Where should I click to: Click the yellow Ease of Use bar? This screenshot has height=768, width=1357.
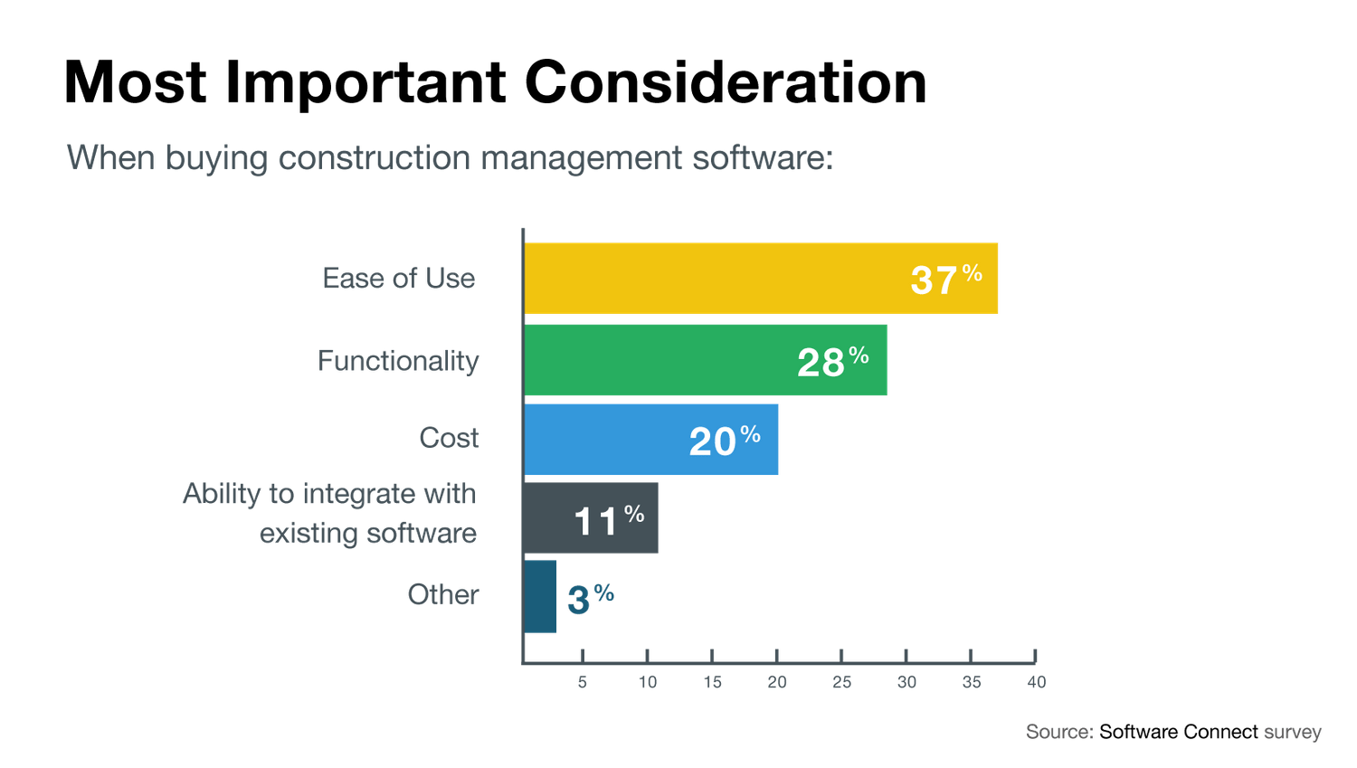pos(715,279)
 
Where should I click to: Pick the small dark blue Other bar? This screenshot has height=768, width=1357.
pos(540,597)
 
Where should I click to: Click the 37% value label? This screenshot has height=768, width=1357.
pos(945,279)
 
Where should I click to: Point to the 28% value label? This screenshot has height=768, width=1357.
pos(832,361)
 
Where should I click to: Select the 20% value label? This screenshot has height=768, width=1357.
pos(724,441)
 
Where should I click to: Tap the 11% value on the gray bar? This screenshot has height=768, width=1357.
pos(609,519)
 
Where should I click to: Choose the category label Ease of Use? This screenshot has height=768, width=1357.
pos(398,279)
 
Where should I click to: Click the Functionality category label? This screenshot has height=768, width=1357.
pos(398,361)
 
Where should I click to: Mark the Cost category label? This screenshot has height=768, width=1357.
pos(449,438)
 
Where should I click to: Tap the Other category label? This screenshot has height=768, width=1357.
pos(442,594)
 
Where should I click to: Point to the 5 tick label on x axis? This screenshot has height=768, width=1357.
pos(583,683)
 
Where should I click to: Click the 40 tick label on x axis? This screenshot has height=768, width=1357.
pos(1036,683)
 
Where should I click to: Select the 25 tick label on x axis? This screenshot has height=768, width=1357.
pos(841,683)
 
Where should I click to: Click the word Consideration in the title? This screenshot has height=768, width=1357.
pos(726,83)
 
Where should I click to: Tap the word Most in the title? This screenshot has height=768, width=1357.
pos(135,83)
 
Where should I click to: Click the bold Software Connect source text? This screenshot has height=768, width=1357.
pos(1178,732)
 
